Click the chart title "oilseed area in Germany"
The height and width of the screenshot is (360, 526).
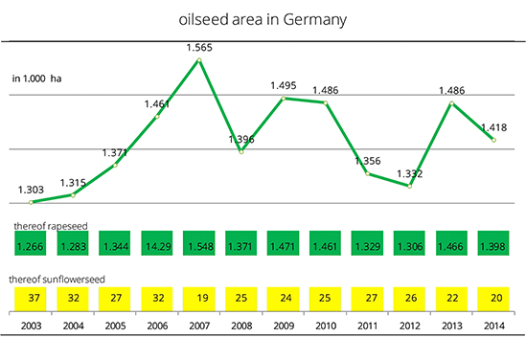coord(263,20)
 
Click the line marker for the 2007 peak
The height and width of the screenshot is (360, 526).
coord(199,60)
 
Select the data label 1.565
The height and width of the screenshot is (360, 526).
coord(199,48)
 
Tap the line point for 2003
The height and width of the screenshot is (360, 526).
coord(31,202)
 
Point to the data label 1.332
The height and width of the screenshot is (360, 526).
coord(410,173)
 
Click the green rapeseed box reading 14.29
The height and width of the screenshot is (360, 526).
coord(157,243)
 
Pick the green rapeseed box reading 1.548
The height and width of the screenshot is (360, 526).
coord(199,243)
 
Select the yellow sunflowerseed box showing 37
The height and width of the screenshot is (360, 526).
coord(31,299)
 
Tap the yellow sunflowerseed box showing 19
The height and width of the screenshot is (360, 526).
coord(199,299)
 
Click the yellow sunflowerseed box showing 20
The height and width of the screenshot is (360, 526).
coord(493,299)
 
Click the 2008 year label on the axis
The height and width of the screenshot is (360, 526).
coord(241,326)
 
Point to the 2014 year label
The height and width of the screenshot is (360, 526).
coord(494,326)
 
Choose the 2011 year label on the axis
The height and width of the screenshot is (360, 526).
coord(368,326)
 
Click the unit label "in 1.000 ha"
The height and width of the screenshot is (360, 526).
coord(37,79)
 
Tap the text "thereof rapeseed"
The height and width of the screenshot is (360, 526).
coord(51,226)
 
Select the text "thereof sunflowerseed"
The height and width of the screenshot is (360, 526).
coord(57,280)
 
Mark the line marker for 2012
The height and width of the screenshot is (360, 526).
coord(410,186)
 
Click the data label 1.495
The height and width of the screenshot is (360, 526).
coord(284,85)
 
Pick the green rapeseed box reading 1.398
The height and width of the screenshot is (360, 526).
coord(493,243)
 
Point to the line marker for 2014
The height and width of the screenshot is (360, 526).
coord(493,140)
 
